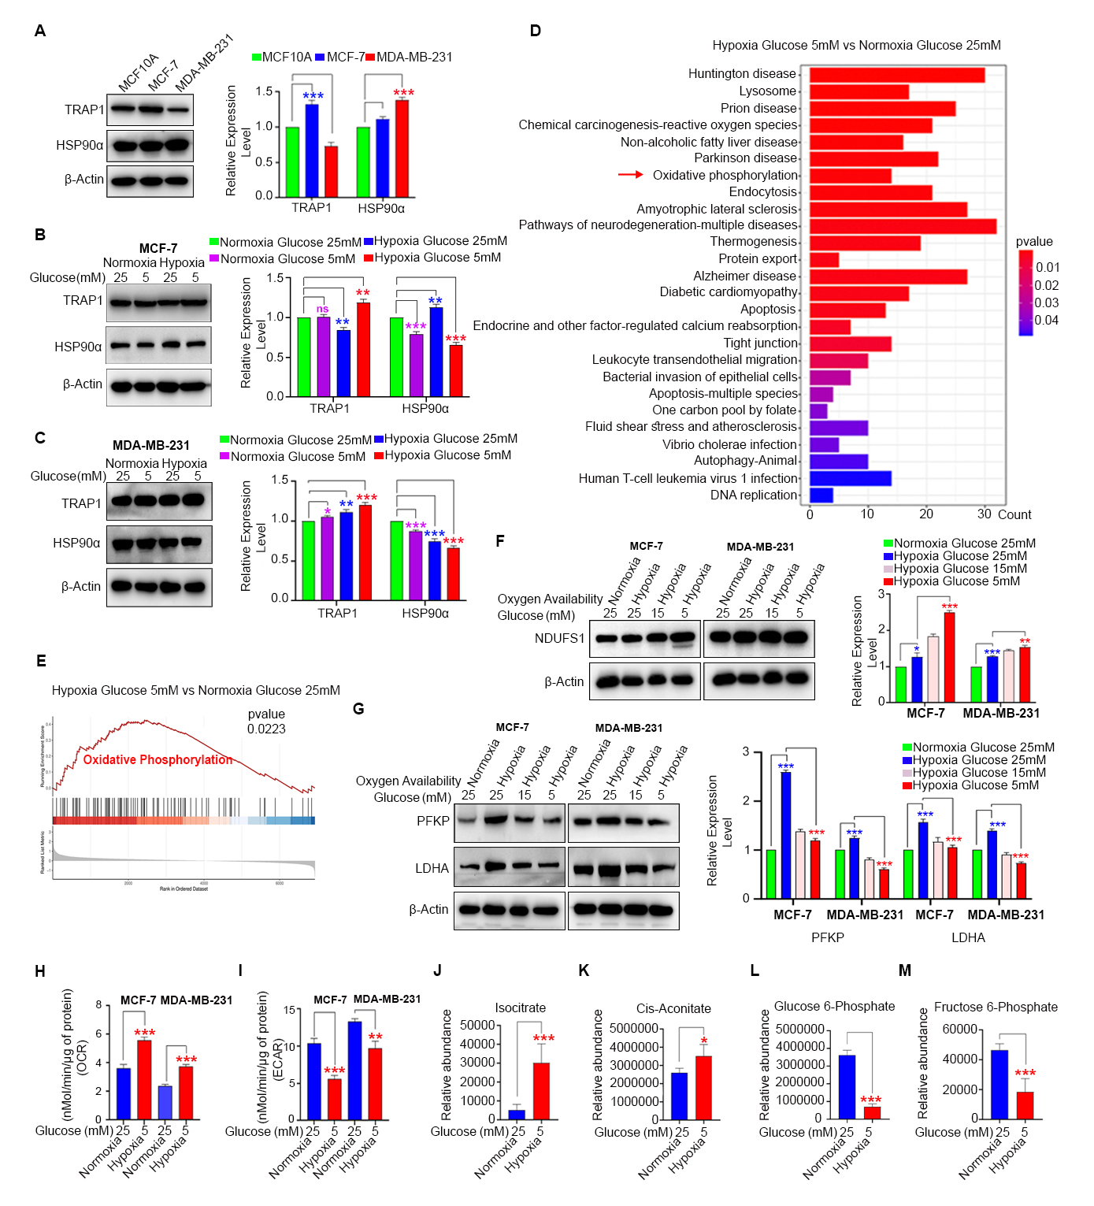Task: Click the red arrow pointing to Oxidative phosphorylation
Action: click(630, 175)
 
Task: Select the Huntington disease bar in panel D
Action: click(897, 75)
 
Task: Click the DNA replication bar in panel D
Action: click(821, 495)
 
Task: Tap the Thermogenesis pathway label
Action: click(754, 242)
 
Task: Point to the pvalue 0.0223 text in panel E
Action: click(266, 722)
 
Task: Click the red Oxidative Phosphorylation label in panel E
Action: click(158, 760)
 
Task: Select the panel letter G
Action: click(358, 709)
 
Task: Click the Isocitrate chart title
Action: click(520, 1008)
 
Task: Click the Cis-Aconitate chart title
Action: click(673, 1009)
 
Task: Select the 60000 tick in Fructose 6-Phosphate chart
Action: click(959, 1030)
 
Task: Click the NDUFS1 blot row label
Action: click(559, 638)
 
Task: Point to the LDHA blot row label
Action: click(432, 868)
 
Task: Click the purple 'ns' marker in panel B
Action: click(323, 309)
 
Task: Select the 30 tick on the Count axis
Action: click(985, 514)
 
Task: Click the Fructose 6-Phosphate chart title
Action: click(996, 1007)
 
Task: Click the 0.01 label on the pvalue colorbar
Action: click(1048, 268)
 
